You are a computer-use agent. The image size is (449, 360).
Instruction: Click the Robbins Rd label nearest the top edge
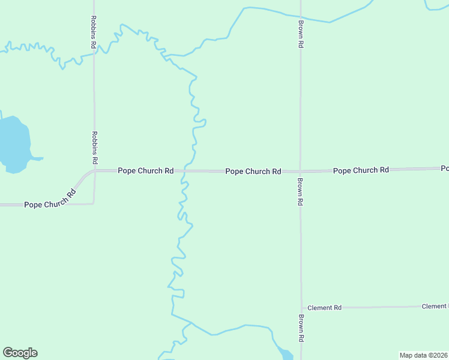pos(94,32)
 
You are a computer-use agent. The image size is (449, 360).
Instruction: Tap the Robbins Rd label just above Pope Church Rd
pos(94,148)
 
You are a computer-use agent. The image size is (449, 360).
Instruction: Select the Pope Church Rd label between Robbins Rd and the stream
pos(145,171)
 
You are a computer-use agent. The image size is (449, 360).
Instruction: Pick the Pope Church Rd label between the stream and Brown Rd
pos(253,172)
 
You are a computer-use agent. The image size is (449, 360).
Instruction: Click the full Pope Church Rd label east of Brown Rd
pos(361,170)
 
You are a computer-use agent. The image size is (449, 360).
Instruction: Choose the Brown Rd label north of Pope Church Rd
pos(301,34)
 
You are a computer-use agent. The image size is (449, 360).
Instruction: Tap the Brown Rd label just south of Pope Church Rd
pos(300,192)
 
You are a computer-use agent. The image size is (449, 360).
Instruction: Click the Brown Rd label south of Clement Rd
pos(301,328)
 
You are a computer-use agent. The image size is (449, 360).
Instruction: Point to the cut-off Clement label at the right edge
pos(435,307)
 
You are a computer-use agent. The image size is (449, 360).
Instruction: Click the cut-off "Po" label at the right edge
pos(444,168)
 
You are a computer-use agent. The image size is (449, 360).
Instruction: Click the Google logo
pos(20,353)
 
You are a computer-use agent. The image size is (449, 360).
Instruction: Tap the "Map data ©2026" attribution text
pos(423,355)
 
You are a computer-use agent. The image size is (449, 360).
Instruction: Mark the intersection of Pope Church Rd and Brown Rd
pos(300,172)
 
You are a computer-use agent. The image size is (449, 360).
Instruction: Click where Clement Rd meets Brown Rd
pos(301,308)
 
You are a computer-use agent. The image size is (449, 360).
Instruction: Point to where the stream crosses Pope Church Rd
pos(184,171)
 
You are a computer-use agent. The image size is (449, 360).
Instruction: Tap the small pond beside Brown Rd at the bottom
pos(286,354)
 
